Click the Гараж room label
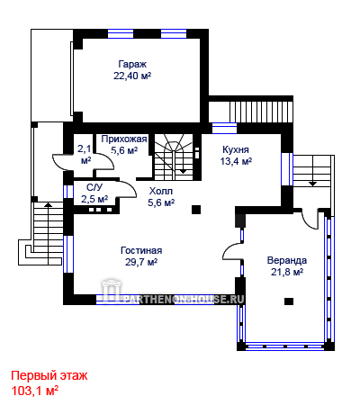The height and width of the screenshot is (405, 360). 132,65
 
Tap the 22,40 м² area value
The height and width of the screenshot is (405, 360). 132,76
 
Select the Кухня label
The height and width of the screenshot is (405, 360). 236,149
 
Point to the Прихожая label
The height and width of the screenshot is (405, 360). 124,139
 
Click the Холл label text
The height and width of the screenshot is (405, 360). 161,191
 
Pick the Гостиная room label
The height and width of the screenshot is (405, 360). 141,250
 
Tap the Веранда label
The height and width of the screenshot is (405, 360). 287,260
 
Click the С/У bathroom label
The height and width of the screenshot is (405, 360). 94,187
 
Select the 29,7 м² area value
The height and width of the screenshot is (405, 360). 141,262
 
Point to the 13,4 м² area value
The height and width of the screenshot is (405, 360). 236,161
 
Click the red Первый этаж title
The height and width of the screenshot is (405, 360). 49,375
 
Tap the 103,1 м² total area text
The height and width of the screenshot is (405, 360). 35,391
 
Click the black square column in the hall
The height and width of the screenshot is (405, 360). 196,210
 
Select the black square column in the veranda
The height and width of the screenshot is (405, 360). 289,301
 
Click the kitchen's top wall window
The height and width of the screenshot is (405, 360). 224,128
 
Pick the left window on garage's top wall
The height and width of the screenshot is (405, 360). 121,33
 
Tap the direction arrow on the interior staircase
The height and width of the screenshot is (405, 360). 183,171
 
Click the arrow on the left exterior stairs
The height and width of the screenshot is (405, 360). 48,205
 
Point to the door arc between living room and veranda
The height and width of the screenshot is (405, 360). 231,249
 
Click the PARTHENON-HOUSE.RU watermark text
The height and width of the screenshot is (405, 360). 184,299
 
